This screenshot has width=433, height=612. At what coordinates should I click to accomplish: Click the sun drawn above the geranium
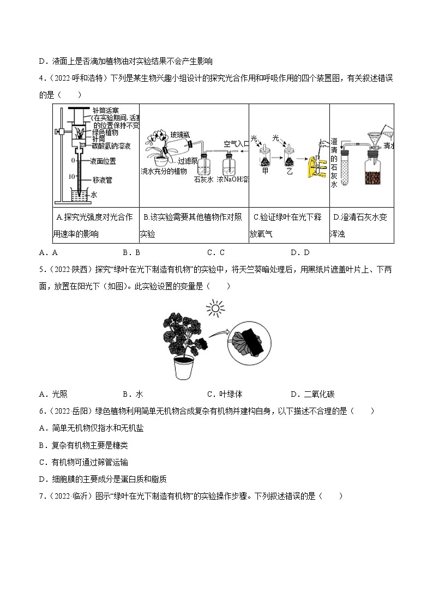coord(215,310)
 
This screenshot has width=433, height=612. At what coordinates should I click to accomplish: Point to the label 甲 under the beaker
coord(265,170)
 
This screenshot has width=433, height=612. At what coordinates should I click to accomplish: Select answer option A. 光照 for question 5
coord(54,395)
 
